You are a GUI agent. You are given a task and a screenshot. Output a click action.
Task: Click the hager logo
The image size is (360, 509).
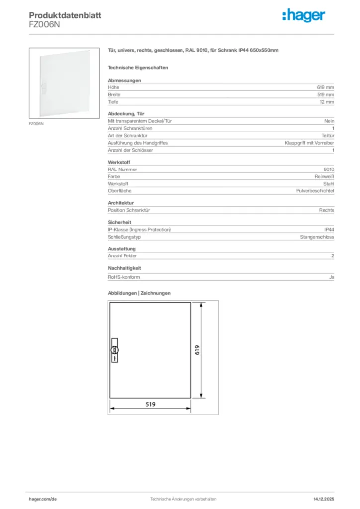click(x=304, y=16)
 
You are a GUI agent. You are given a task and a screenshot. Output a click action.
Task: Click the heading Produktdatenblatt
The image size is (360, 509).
click(x=65, y=15)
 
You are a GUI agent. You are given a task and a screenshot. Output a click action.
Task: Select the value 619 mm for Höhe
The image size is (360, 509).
click(x=326, y=87)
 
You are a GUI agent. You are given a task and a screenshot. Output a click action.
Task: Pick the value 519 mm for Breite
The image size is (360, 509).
click(x=326, y=94)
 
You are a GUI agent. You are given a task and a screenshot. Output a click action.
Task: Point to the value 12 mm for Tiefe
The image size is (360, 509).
click(x=327, y=102)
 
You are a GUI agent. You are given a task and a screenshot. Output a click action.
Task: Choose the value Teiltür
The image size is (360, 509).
click(x=328, y=135)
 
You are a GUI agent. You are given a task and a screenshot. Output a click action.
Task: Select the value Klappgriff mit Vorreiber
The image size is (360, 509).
click(x=309, y=143)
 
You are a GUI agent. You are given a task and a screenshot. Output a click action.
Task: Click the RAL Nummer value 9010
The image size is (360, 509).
click(x=329, y=169)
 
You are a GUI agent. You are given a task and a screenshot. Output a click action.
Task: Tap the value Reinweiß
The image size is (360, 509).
click(x=324, y=176)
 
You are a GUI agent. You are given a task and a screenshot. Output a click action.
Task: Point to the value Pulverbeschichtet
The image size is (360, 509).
click(x=315, y=191)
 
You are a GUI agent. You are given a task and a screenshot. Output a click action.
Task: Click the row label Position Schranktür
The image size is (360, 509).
click(x=129, y=210)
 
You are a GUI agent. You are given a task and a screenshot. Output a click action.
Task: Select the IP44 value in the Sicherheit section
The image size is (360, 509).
click(x=329, y=229)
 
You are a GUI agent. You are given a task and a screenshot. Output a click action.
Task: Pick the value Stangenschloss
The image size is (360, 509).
click(x=317, y=237)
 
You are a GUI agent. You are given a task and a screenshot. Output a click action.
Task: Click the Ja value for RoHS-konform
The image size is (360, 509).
click(x=332, y=277)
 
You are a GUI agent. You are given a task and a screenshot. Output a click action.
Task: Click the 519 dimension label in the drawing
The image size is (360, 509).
click(x=150, y=404)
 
